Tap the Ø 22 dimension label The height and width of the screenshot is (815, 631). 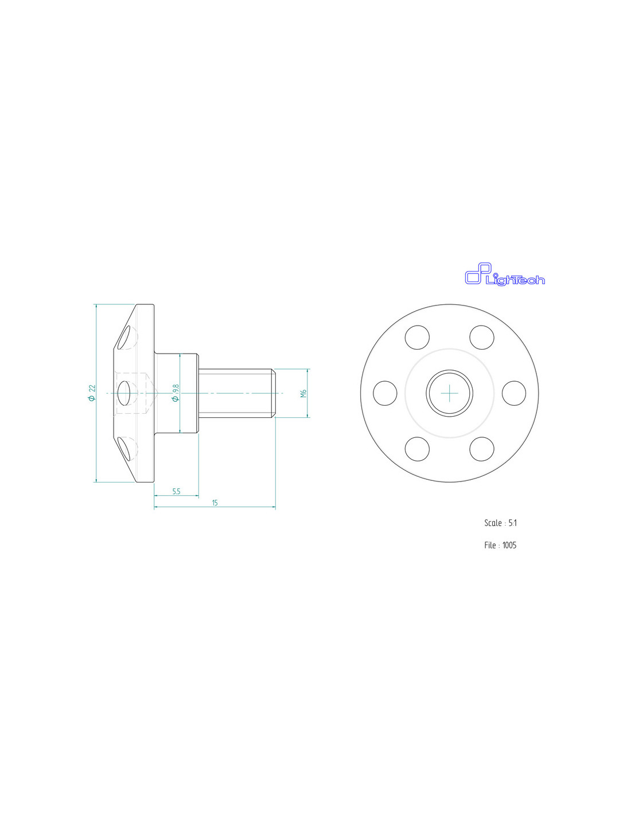[92, 393]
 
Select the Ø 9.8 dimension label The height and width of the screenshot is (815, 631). [175, 393]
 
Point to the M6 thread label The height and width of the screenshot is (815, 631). [303, 393]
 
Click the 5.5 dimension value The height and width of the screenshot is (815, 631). [177, 491]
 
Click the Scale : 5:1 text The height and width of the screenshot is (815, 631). [500, 523]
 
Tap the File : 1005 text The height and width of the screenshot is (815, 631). [500, 545]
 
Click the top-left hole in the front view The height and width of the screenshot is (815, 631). [417, 337]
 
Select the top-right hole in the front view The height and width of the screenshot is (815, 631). [482, 337]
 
